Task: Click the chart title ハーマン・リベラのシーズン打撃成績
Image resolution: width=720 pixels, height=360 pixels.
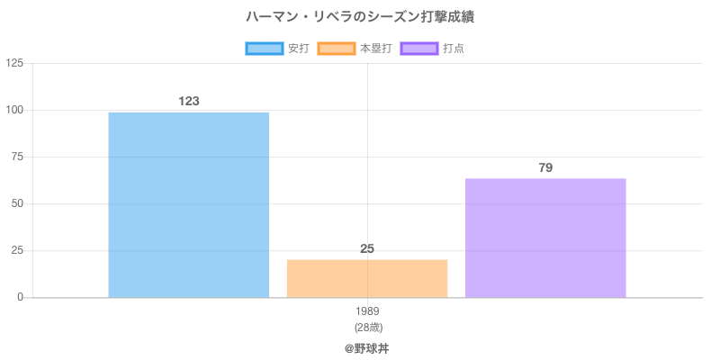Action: [x=360, y=16]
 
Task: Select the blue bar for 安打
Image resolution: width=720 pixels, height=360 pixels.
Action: [x=188, y=204]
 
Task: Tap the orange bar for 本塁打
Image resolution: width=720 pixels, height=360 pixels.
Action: [x=367, y=278]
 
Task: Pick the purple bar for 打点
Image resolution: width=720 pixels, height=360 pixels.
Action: [x=545, y=238]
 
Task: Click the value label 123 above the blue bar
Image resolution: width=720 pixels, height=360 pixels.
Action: [x=188, y=101]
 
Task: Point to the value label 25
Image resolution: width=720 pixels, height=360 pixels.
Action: [x=367, y=248]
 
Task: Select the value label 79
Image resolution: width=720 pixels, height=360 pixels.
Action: [x=545, y=167]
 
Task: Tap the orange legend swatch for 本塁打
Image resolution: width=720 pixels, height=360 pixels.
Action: [x=336, y=49]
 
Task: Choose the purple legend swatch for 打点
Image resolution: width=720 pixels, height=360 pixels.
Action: [x=419, y=49]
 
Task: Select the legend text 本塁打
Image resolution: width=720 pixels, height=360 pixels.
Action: [x=375, y=49]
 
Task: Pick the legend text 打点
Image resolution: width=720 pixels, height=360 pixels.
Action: [x=454, y=49]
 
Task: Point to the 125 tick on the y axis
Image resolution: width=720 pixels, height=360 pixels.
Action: [x=15, y=63]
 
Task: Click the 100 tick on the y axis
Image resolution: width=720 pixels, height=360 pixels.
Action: [x=15, y=110]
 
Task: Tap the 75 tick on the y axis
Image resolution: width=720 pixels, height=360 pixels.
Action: [x=18, y=157]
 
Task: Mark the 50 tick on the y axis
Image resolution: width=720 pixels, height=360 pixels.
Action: [x=18, y=203]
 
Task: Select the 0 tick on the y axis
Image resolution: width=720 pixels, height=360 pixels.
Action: [x=21, y=297]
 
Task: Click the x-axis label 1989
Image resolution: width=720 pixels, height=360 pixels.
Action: [x=367, y=311]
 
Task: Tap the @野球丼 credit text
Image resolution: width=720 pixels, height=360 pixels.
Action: [x=367, y=347]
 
